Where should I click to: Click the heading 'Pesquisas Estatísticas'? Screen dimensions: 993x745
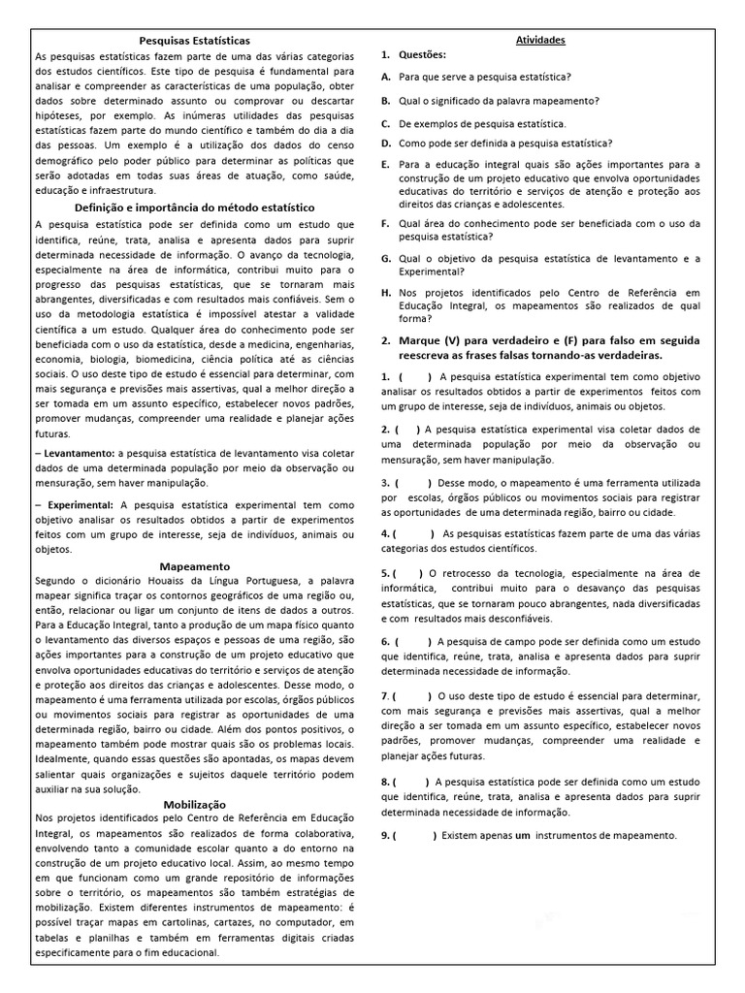click(x=195, y=41)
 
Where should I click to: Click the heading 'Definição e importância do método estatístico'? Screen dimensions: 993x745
click(x=195, y=208)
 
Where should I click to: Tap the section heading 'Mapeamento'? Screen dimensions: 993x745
click(x=195, y=565)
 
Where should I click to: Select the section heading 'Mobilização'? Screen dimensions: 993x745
click(x=195, y=804)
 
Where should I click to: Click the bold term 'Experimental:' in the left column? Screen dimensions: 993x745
click(x=80, y=504)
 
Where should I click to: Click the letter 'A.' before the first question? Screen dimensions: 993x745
click(x=386, y=77)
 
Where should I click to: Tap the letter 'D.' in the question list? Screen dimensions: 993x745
click(x=386, y=143)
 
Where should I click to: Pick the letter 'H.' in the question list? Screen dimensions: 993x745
click(x=386, y=292)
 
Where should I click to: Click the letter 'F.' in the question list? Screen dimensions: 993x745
click(x=386, y=223)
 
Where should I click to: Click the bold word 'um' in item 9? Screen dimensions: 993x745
click(x=522, y=836)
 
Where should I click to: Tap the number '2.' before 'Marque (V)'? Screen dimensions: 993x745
click(x=386, y=341)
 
